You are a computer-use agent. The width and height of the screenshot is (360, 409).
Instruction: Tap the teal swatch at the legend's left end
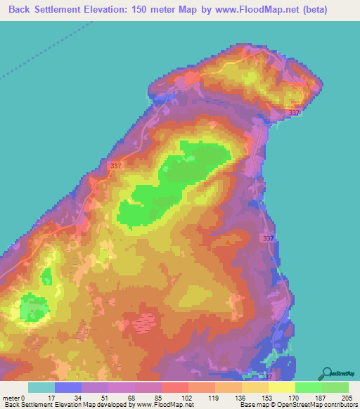(x=41, y=387)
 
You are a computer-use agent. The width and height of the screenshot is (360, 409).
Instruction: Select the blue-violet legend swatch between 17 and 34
(x=67, y=387)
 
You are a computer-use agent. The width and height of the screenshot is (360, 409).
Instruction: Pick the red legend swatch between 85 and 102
(x=174, y=387)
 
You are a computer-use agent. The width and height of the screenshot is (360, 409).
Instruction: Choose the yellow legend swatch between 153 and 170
(x=281, y=387)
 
